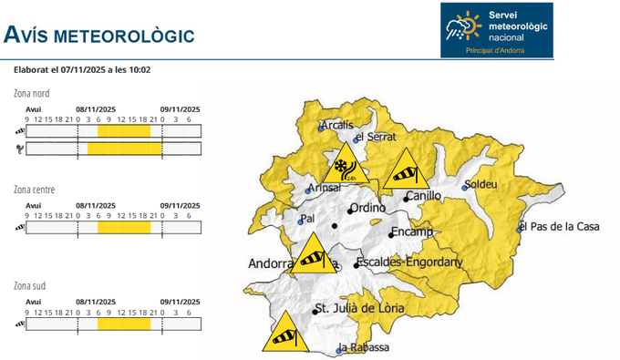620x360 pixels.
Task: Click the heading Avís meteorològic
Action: [98, 36]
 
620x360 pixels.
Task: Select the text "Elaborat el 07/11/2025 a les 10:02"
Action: [83, 69]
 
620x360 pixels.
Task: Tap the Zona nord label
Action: [32, 94]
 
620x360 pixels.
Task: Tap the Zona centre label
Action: [34, 190]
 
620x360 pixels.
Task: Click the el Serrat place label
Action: [374, 137]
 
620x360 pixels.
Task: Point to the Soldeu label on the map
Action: [480, 185]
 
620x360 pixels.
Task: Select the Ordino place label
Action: [367, 209]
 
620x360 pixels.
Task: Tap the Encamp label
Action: [412, 231]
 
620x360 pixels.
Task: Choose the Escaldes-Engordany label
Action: [410, 262]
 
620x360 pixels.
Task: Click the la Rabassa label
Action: [365, 348]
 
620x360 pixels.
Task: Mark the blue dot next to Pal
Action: [302, 221]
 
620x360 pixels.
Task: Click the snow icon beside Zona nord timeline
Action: [19, 148]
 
